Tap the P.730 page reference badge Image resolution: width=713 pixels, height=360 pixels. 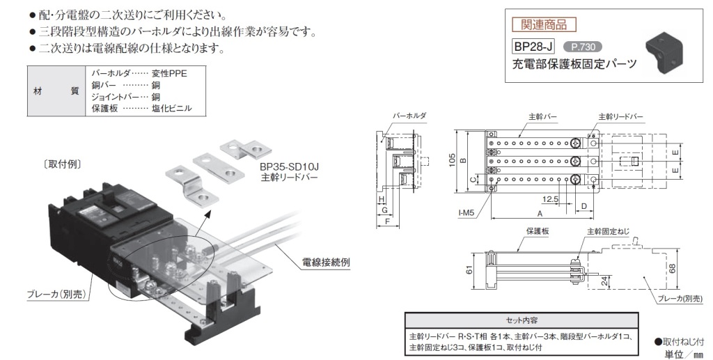coord(581,47)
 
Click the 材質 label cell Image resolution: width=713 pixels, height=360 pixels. coord(56,91)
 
